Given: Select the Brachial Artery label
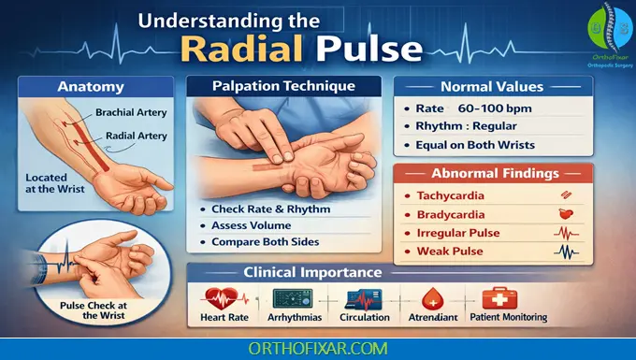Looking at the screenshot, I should point(131,112).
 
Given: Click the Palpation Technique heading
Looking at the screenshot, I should point(283,85).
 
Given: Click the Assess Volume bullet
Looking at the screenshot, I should point(252,224).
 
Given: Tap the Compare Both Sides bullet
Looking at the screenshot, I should point(266,242).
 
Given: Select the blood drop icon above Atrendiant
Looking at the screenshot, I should point(432,298).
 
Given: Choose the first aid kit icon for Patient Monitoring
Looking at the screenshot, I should point(495,298).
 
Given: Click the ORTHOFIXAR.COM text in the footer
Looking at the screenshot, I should point(317,348).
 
